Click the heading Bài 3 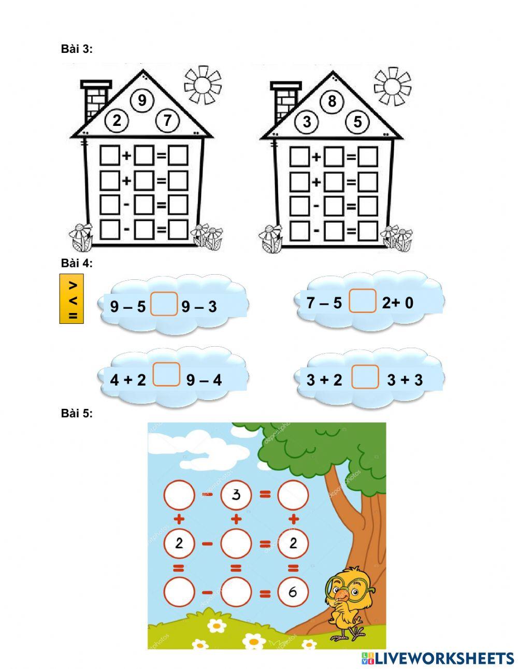pos(77,49)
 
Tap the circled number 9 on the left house pos(142,100)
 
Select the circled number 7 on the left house pos(167,121)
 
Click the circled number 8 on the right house pos(332,101)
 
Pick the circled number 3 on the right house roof pos(307,122)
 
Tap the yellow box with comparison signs pos(71,300)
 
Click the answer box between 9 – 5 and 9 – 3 pos(164,304)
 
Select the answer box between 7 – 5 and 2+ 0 pos(363,302)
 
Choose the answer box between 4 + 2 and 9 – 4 pos(167,375)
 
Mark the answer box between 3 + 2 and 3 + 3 pos(365,377)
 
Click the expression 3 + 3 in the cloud pos(405,380)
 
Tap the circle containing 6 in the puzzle pos(293,592)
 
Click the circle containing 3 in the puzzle pos(236,495)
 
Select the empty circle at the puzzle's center pos(236,544)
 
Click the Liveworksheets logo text pos(438,658)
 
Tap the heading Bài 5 pos(77,413)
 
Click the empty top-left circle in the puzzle pos(179,495)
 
